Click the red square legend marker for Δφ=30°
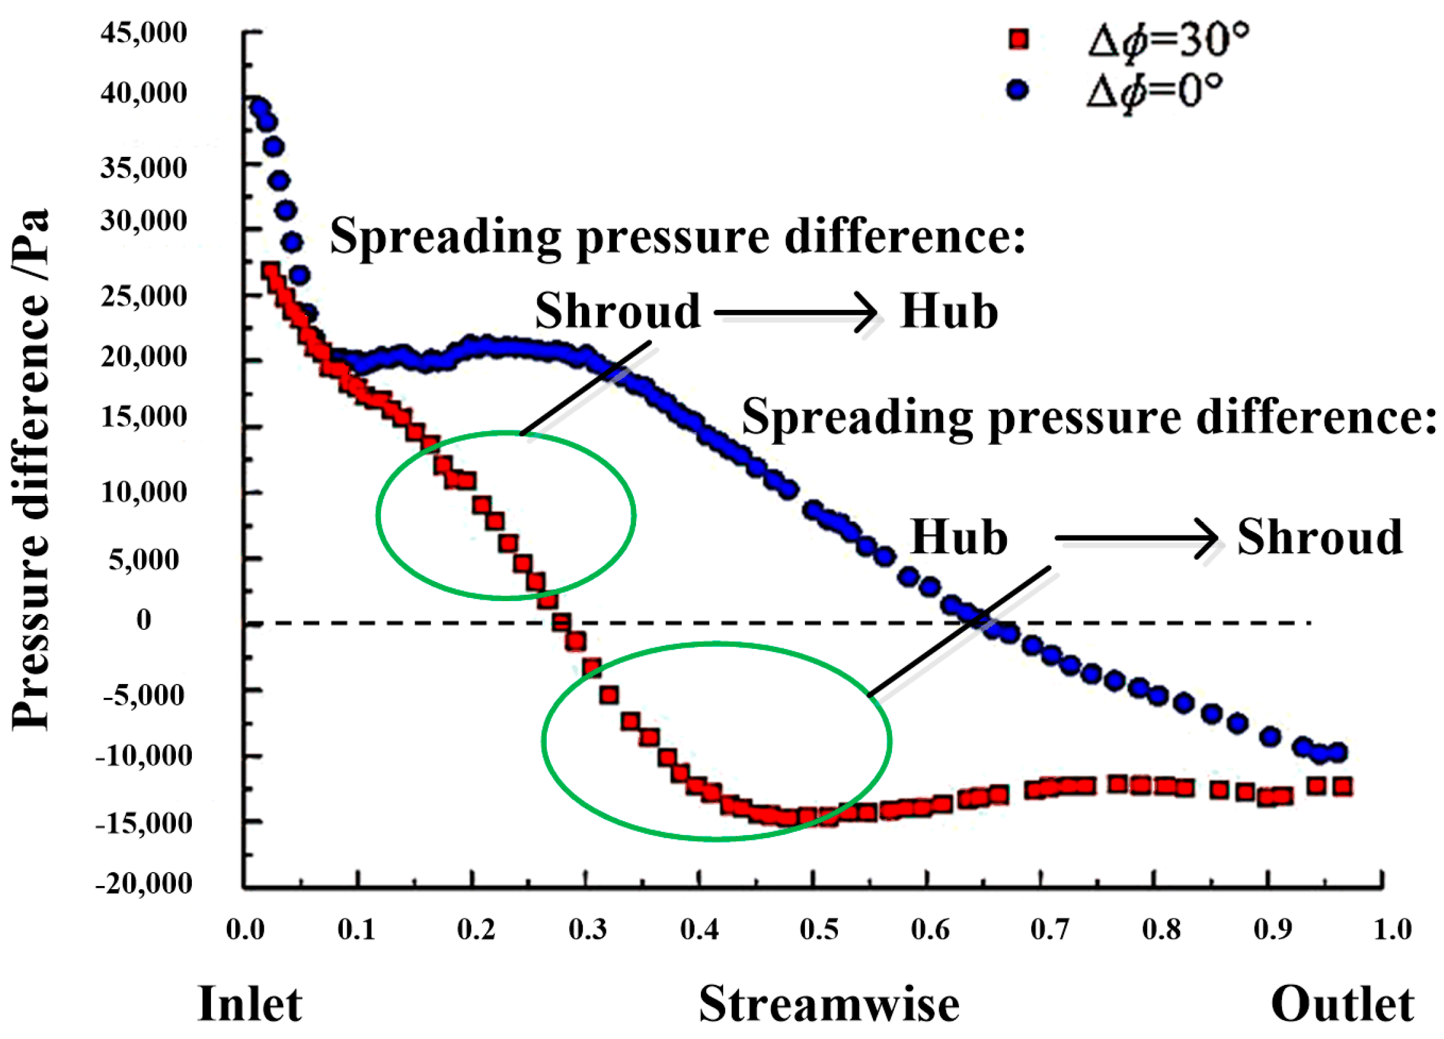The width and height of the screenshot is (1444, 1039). pyautogui.click(x=1019, y=40)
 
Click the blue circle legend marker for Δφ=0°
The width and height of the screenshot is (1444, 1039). pyautogui.click(x=1018, y=90)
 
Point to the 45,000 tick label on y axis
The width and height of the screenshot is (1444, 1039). pyautogui.click(x=144, y=33)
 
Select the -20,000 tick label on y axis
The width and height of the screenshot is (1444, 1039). pyautogui.click(x=144, y=883)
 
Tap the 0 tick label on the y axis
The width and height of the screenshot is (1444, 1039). pyautogui.click(x=144, y=620)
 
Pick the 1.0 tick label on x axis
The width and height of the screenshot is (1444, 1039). pyautogui.click(x=1392, y=929)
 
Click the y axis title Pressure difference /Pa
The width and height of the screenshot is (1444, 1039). pyautogui.click(x=31, y=469)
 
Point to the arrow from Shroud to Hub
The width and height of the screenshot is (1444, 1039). pyautogui.click(x=797, y=312)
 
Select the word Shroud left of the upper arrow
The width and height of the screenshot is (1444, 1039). pyautogui.click(x=617, y=311)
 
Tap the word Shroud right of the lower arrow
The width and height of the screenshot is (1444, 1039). pyautogui.click(x=1320, y=537)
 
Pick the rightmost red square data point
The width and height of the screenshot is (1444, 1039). pyautogui.click(x=1343, y=787)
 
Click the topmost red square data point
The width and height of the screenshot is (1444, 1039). pyautogui.click(x=272, y=270)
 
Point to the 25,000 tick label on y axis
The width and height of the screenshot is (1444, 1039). pyautogui.click(x=144, y=296)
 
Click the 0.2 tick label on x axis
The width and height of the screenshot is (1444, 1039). pyautogui.click(x=476, y=929)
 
